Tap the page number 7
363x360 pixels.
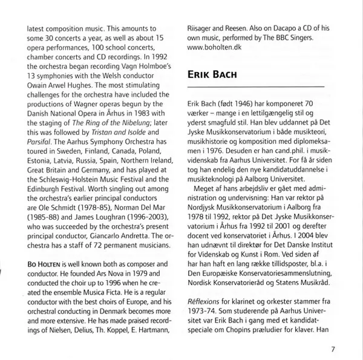click(x=333, y=348)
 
